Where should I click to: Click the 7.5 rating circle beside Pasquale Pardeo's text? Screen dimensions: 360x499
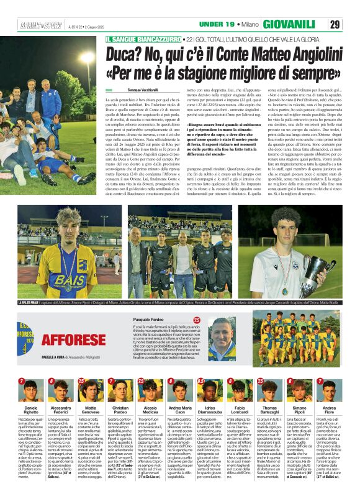point(197,320)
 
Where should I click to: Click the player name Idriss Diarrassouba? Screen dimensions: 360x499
point(210,410)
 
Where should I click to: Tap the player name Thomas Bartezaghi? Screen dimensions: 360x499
point(269,410)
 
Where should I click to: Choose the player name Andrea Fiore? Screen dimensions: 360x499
point(329,410)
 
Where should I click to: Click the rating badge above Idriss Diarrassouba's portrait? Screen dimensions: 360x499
point(200,381)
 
